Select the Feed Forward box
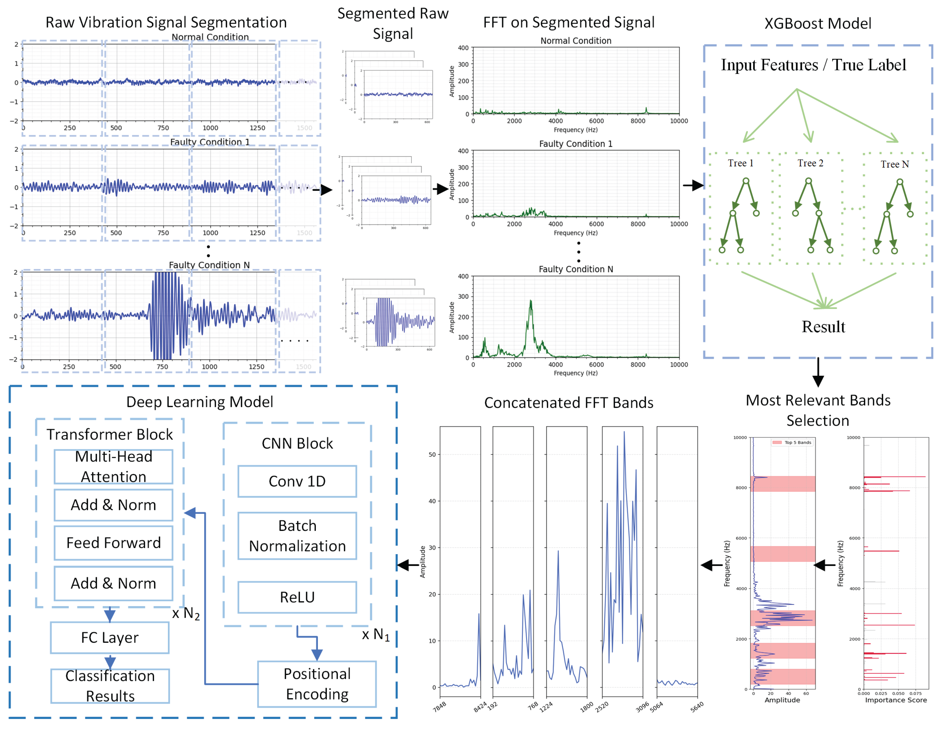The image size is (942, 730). (x=113, y=543)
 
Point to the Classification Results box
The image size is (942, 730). (x=110, y=686)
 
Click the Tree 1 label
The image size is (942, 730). (x=740, y=163)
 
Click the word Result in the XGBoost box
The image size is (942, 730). (x=823, y=327)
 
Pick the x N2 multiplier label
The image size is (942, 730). (x=186, y=614)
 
